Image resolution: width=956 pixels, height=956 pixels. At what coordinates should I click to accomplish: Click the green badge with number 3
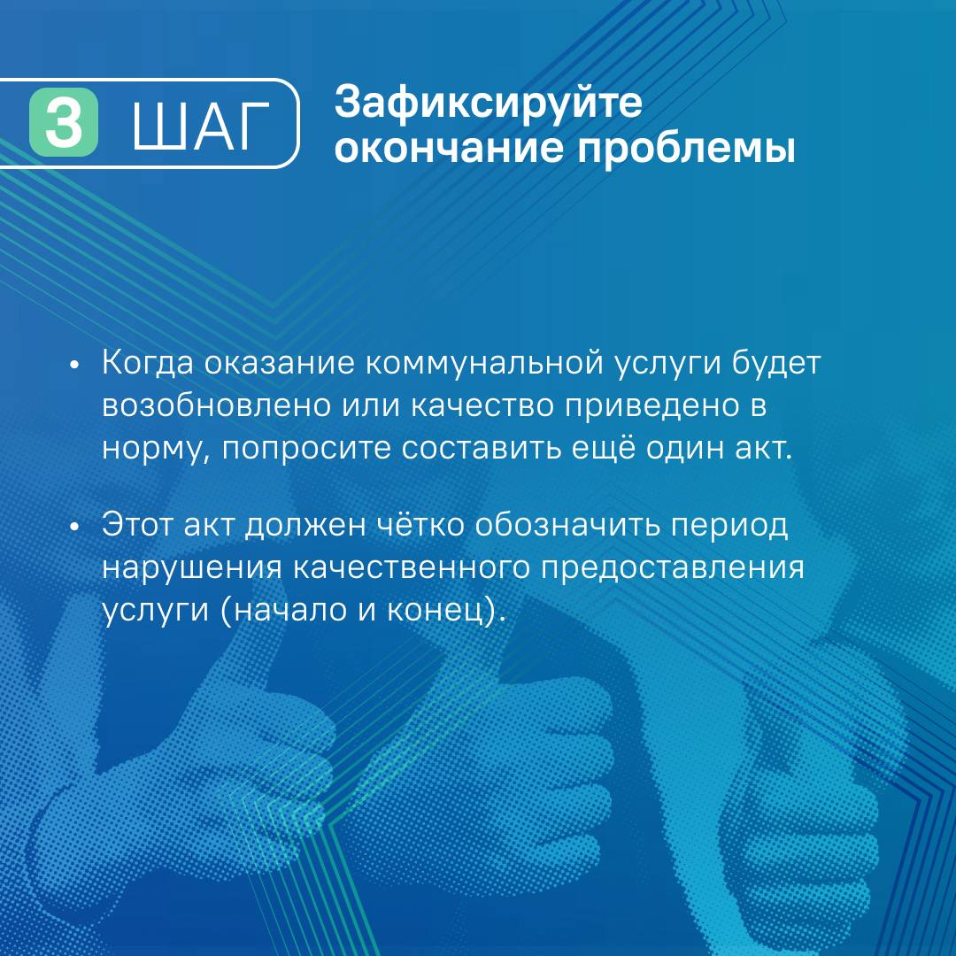pos(64,122)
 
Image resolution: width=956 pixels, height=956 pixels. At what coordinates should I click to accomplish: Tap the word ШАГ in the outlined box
pos(201,125)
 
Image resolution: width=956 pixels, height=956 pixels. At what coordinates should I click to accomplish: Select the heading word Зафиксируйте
pos(489,102)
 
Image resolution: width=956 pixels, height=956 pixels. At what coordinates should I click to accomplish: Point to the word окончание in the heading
pos(448,148)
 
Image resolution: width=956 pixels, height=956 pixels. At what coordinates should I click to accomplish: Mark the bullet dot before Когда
pos(75,366)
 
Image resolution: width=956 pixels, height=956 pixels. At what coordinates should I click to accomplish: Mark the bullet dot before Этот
pos(75,527)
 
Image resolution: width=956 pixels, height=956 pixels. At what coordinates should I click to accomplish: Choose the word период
pos(729,526)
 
